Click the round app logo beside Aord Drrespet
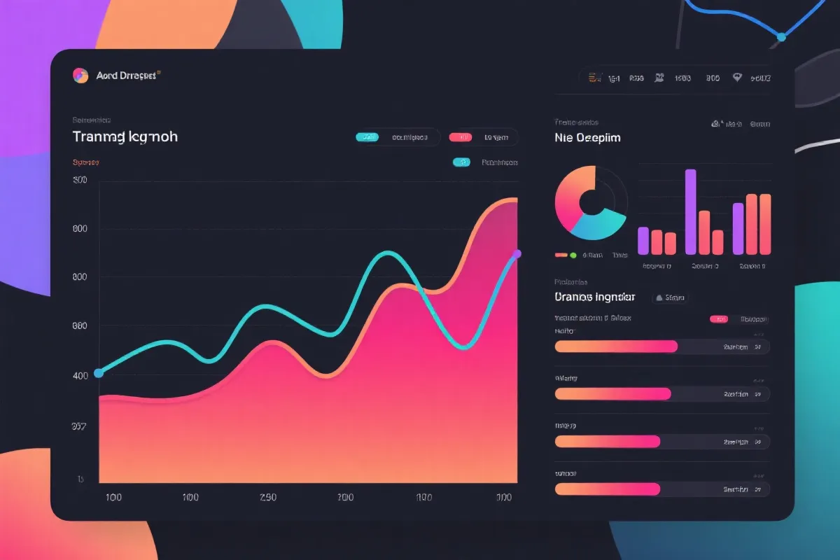coord(80,76)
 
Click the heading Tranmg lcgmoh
coord(125,136)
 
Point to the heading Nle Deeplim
coord(587,138)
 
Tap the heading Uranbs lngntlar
coord(594,297)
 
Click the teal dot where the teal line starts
coord(99,373)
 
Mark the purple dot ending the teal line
coord(517,253)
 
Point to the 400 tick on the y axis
coord(80,376)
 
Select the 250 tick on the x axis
coord(267,498)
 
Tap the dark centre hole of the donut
coord(591,202)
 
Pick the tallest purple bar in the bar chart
coord(690,211)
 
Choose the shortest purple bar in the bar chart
coord(643,240)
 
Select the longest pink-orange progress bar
coord(616,346)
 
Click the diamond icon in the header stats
coord(736,78)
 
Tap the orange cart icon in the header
coord(593,78)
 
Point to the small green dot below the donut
coord(573,255)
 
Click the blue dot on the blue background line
coord(782,36)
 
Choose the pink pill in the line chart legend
coord(459,137)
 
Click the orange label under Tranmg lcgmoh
coord(85,162)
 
